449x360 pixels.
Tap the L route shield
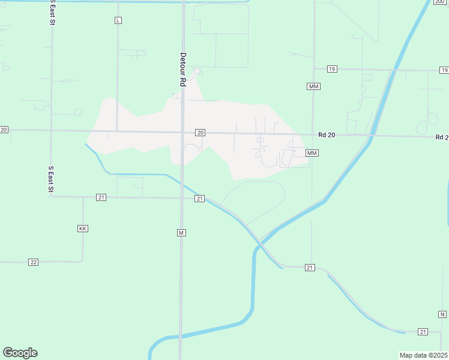point(118,20)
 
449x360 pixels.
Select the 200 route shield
point(440,2)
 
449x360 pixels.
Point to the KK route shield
point(83,229)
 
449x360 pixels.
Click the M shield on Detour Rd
point(181,232)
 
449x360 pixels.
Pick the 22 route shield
point(34,262)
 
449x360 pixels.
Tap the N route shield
point(442,314)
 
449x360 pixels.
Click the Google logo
point(20,353)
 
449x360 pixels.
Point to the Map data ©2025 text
point(423,355)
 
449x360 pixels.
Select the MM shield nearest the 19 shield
point(313,87)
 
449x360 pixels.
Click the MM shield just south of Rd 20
point(312,154)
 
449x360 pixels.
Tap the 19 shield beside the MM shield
point(331,70)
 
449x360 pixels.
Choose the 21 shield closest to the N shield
point(423,332)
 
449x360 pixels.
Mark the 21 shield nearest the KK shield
point(101,197)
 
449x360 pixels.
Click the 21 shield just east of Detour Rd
point(200,199)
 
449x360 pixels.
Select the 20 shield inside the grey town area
point(200,133)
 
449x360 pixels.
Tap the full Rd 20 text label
point(327,136)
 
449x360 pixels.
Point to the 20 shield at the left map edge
point(4,130)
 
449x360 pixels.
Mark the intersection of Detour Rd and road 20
point(182,132)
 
